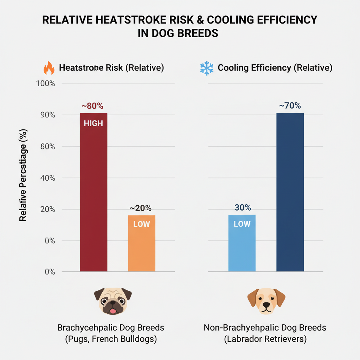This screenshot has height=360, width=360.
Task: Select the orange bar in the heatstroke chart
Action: pyautogui.click(x=142, y=246)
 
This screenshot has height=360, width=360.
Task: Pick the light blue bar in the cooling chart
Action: pyautogui.click(x=242, y=246)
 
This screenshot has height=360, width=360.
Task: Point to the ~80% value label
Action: pyautogui.click(x=92, y=106)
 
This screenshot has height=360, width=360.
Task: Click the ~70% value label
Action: pyautogui.click(x=290, y=105)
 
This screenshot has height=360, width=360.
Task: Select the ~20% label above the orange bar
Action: pyautogui.click(x=141, y=208)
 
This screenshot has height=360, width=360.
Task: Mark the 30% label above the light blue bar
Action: pyautogui.click(x=243, y=208)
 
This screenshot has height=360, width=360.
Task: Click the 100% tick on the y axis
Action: pyautogui.click(x=46, y=84)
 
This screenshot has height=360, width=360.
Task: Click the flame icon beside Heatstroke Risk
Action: pyautogui.click(x=49, y=68)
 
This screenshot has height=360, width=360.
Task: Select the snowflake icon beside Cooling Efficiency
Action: pyautogui.click(x=207, y=68)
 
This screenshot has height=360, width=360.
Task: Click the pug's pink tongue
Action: pyautogui.click(x=112, y=311)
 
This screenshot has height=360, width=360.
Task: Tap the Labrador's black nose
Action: pyautogui.click(x=266, y=305)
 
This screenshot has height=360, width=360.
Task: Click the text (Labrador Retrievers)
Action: pyautogui.click(x=265, y=340)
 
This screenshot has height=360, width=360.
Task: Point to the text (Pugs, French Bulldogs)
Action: pyautogui.click(x=111, y=340)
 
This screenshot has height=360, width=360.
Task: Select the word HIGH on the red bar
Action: pyautogui.click(x=93, y=124)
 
